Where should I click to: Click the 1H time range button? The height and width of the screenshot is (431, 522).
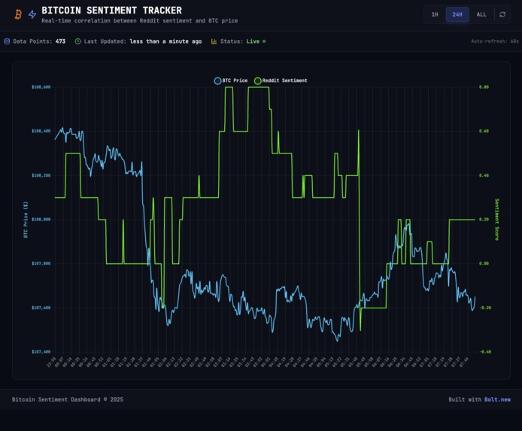pos(434,14)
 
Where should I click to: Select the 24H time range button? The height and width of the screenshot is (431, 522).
pos(457,14)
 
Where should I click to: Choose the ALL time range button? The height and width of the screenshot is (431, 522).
pos(481,14)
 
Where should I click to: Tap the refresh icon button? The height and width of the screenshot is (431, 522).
pos(502,14)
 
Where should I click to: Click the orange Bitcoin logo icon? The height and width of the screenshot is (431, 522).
pos(17,14)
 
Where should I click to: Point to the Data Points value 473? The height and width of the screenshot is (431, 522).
pos(60,41)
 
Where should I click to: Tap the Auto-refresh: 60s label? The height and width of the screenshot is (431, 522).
pos(494,41)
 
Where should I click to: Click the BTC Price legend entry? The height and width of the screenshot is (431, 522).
pos(231,80)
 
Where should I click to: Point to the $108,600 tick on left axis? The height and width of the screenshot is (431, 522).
pos(41,87)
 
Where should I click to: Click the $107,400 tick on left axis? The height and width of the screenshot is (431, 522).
pos(41,351)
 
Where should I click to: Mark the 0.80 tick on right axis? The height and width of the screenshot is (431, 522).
pos(484,87)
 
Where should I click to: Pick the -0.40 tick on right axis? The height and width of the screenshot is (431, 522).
pos(485,351)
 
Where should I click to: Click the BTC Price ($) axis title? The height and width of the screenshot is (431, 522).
pos(26,219)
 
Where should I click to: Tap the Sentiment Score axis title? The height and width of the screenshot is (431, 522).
pos(496,219)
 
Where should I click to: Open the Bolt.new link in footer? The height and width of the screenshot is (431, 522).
pos(497,399)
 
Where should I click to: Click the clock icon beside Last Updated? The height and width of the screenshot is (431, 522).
pos(78,41)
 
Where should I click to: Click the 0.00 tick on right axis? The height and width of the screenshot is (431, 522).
pos(484,263)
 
